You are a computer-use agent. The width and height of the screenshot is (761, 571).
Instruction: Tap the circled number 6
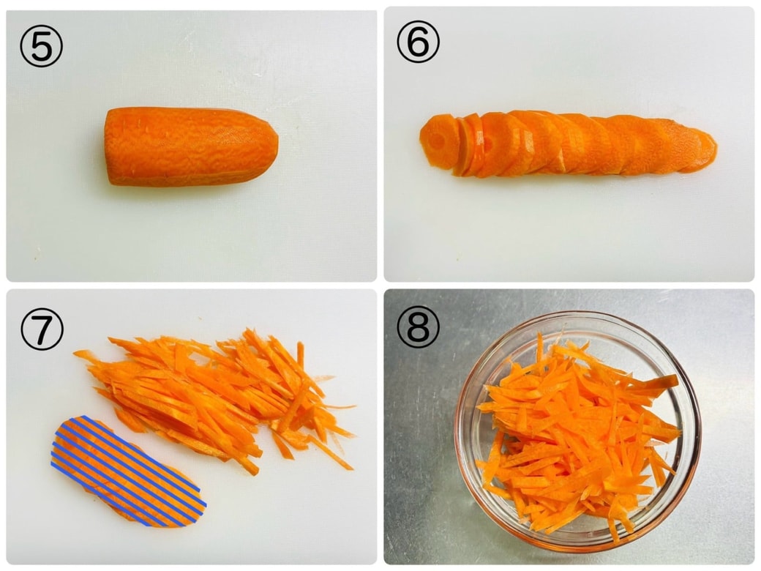(x=418, y=42)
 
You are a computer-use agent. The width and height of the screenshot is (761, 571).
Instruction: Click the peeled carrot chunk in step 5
(x=191, y=146)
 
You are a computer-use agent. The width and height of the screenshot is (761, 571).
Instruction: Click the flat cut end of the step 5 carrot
(x=109, y=146)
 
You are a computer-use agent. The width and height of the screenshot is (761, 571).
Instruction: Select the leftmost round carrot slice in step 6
(x=438, y=141)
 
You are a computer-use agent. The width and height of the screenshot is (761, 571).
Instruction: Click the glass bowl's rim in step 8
(x=577, y=316)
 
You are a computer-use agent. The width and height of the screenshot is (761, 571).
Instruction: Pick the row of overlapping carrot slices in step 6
(x=568, y=143)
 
